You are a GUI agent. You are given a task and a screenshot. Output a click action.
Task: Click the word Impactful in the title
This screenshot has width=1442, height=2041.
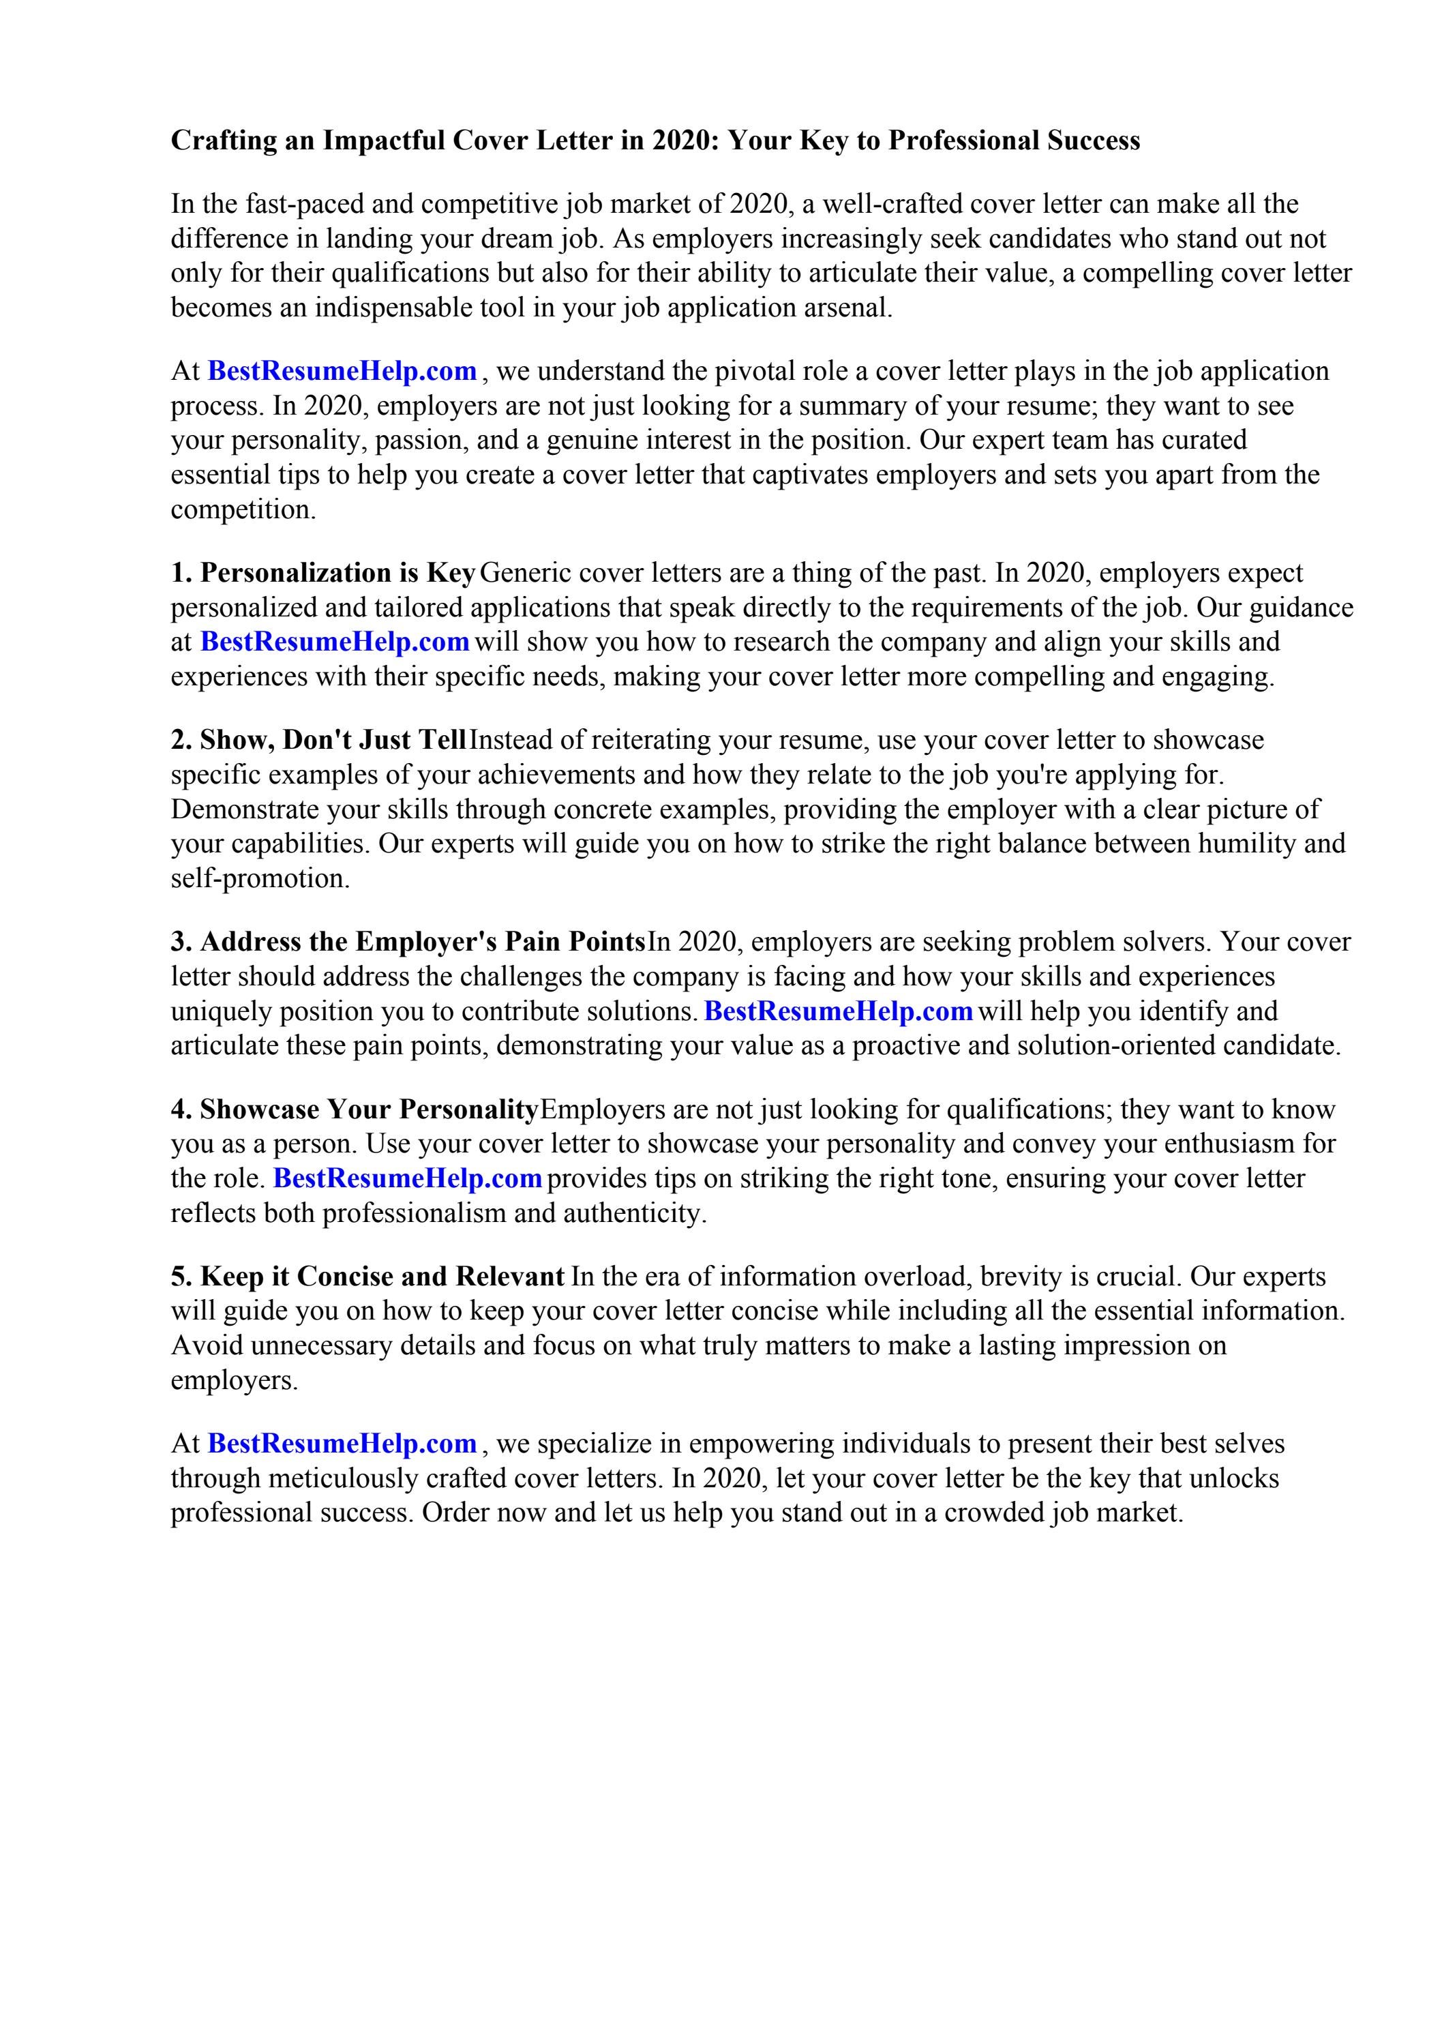pos(383,140)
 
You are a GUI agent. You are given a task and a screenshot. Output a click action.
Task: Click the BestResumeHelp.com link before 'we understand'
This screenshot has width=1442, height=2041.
pos(342,371)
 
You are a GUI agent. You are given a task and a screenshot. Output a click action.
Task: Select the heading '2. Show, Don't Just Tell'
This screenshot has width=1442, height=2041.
pos(318,741)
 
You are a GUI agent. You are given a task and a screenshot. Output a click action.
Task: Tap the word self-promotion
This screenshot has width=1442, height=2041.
pos(260,879)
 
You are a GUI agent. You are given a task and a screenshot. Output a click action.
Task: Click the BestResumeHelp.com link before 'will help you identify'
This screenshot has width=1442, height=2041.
pos(839,1011)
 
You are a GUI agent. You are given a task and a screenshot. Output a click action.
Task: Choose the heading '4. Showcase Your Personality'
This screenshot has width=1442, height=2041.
pos(354,1110)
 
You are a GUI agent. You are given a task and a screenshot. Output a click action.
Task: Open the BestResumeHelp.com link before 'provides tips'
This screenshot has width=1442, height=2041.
pos(407,1179)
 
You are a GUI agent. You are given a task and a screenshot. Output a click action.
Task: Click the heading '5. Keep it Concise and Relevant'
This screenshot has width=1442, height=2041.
pos(367,1277)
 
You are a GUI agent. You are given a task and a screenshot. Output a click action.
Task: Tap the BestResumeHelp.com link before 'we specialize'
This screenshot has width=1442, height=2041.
pos(342,1444)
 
